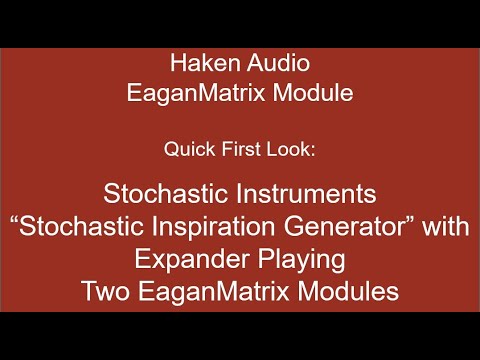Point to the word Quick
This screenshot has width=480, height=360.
tap(186, 150)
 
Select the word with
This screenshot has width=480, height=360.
tap(446, 227)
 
